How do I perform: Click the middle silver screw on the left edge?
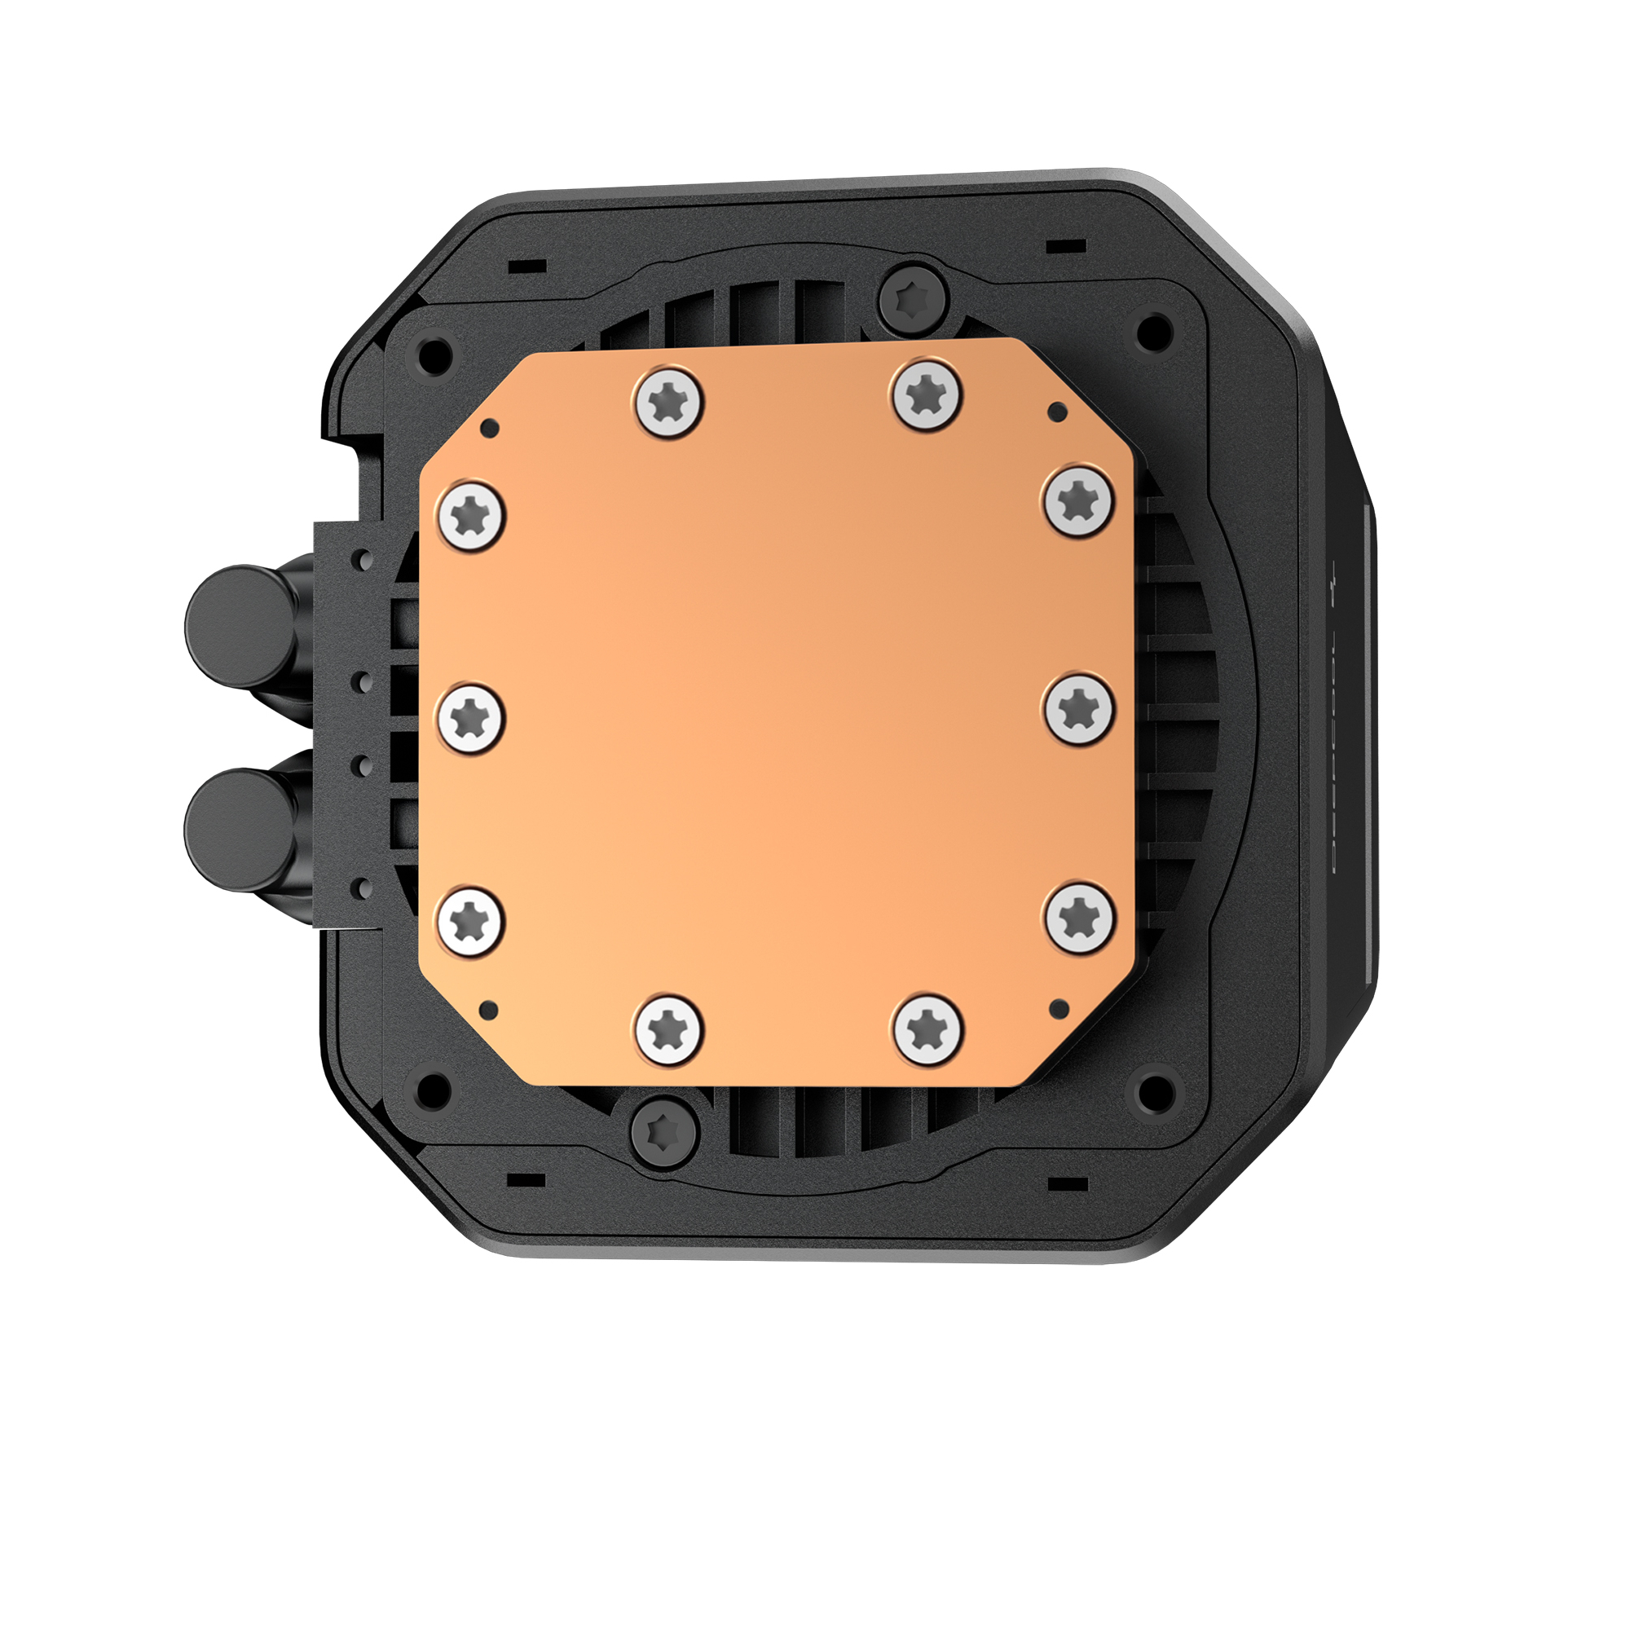pyautogui.click(x=471, y=718)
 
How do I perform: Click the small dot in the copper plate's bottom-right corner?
pyautogui.click(x=1059, y=1007)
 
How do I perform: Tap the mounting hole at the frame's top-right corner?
pyautogui.click(x=1154, y=331)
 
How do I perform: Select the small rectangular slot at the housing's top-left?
pyautogui.click(x=527, y=267)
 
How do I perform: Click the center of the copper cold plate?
pyautogui.click(x=776, y=713)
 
